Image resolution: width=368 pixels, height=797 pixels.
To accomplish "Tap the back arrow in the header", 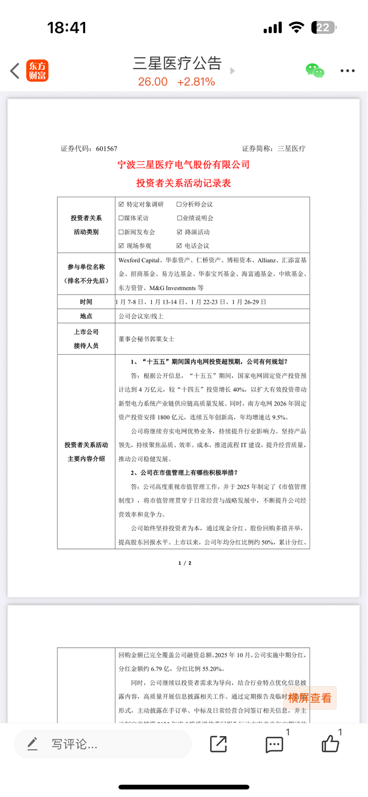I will point(15,71).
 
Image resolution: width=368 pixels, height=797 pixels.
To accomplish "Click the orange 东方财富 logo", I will point(37,71).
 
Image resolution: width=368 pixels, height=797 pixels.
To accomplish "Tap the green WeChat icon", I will point(315,71).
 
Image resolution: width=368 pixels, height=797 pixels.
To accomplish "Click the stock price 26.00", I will point(153,82).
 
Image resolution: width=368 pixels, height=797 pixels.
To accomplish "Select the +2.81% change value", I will point(196,82).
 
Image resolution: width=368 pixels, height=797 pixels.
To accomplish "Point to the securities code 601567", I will point(106,149).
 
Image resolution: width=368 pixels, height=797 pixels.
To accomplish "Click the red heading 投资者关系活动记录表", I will point(184,183).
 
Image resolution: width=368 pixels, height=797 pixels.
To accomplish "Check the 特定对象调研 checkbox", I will point(121,204).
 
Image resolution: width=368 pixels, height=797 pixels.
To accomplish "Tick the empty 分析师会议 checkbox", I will point(179,204).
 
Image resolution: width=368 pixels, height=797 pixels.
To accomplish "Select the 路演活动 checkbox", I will point(179,232).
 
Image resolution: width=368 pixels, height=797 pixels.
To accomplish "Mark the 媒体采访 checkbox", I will point(121,218).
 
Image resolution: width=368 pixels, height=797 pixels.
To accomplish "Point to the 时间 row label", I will point(86,302).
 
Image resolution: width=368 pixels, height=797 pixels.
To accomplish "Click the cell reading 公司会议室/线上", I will point(141,316).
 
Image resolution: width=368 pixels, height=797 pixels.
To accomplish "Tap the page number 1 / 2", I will point(185,563).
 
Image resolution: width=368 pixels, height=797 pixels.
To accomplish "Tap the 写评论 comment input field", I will point(103,744).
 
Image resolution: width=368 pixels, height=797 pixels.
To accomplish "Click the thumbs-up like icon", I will point(330,744).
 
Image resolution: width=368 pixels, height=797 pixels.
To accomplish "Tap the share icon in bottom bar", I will point(218,744).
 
